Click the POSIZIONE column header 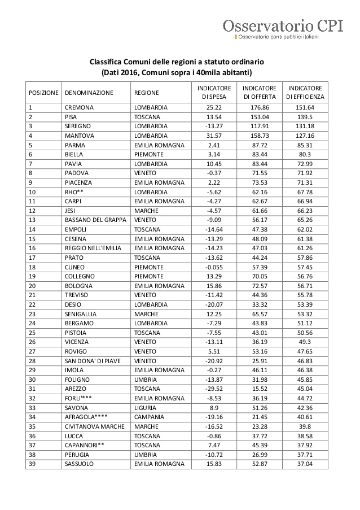[x=43, y=93]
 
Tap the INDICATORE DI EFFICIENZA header [x=305, y=93]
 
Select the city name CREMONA [x=79, y=107]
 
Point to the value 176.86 [x=259, y=107]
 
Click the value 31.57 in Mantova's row [x=214, y=136]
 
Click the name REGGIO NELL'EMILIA [x=95, y=248]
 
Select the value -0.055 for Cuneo [x=214, y=267]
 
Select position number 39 [x=32, y=464]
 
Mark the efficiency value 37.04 [x=305, y=464]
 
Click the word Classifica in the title [x=106, y=62]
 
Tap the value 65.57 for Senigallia [x=259, y=313]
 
